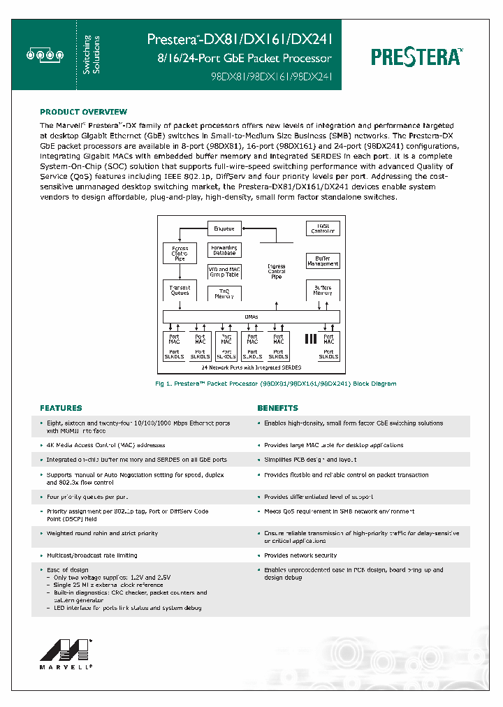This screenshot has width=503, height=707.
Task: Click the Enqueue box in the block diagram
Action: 224,228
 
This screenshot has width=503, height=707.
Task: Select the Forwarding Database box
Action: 224,250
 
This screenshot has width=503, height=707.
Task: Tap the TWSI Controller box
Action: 323,228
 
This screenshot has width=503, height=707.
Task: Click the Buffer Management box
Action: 323,261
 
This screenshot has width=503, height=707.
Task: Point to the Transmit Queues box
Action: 180,290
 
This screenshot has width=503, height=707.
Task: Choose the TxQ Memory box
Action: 224,293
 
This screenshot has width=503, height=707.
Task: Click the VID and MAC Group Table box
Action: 224,272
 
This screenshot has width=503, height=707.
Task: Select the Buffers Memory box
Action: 323,290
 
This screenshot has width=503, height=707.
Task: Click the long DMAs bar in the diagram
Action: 251,316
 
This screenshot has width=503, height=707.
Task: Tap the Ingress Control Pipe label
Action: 277,272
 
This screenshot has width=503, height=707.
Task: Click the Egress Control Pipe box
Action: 180,253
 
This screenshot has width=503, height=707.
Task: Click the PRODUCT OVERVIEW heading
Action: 83,112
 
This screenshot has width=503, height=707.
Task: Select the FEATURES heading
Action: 61,407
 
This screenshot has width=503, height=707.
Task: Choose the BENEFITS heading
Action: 277,407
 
